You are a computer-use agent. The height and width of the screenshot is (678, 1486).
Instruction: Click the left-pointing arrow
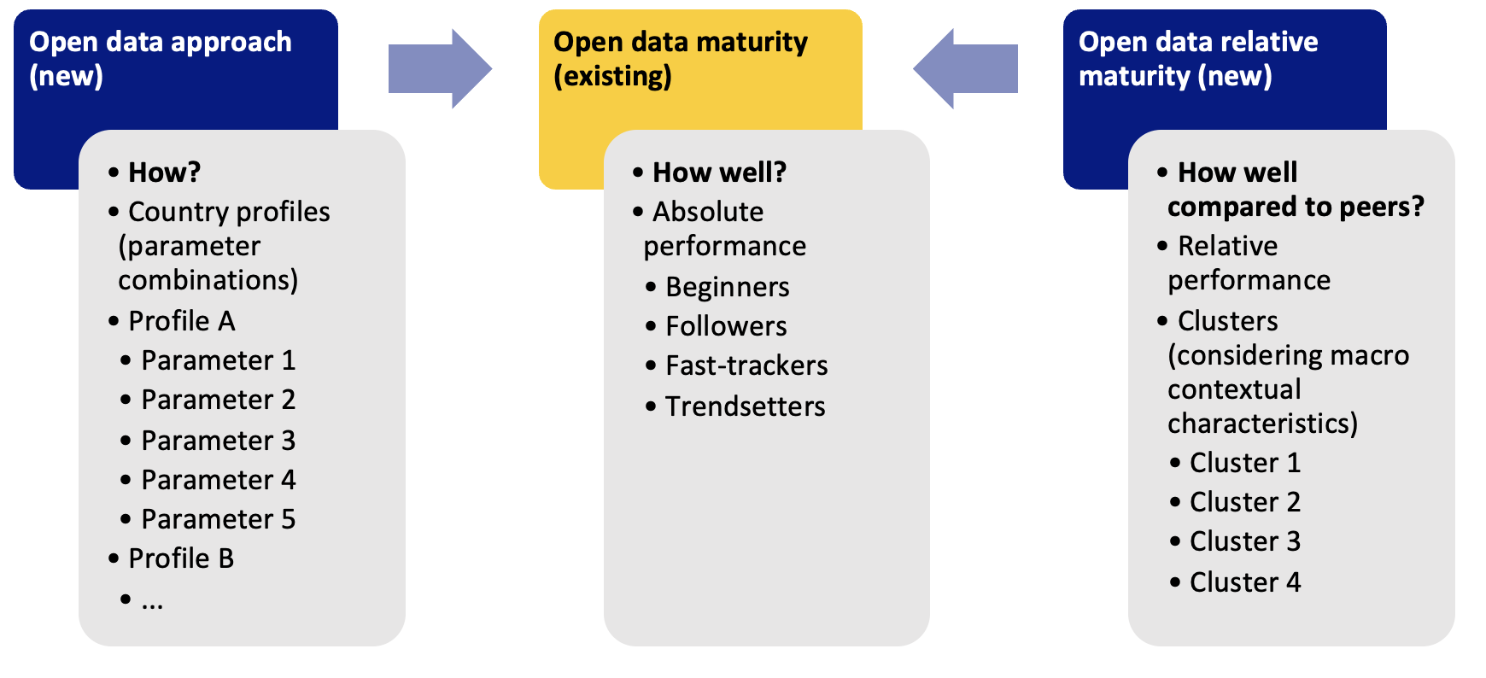[x=966, y=68]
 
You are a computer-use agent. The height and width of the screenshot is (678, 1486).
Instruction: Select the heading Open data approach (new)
[x=160, y=58]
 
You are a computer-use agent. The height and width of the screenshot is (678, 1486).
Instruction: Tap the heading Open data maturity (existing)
[x=680, y=58]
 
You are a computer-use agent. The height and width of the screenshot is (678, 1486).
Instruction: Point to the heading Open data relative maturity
[x=1197, y=58]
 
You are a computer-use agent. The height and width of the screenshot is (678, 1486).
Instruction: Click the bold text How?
[x=164, y=172]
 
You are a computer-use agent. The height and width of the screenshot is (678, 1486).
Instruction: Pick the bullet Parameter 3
[x=218, y=441]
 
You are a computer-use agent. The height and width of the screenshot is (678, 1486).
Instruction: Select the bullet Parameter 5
[x=218, y=519]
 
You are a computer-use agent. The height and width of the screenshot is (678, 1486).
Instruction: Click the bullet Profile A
[x=181, y=321]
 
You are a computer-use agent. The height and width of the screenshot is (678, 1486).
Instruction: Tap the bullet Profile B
[x=181, y=558]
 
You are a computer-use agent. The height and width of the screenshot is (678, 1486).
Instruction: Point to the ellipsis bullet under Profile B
[x=152, y=602]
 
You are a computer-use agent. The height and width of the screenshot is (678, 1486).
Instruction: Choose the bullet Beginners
[x=727, y=287]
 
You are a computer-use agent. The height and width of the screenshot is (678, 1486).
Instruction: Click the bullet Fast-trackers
[x=746, y=365]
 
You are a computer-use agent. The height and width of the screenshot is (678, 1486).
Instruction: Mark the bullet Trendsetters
[x=745, y=406]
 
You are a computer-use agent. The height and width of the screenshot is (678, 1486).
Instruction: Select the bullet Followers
[x=726, y=326]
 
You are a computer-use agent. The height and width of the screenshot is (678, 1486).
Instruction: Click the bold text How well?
[x=719, y=172]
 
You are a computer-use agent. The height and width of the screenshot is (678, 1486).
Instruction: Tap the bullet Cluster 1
[x=1244, y=463]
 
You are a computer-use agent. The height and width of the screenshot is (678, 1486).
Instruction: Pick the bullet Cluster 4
[x=1244, y=582]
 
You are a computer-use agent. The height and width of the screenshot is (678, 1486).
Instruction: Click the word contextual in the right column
[x=1234, y=389]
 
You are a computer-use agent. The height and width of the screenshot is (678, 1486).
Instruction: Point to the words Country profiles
[x=229, y=212]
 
